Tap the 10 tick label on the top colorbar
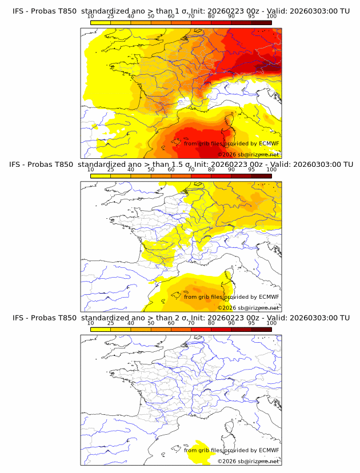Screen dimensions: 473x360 91,17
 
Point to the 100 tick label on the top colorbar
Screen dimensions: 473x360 271,17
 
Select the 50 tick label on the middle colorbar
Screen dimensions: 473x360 151,170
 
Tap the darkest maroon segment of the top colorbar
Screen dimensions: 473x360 261,23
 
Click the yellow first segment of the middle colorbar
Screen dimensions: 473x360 101,176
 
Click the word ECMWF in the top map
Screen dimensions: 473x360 269,143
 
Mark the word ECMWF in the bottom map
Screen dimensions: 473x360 269,450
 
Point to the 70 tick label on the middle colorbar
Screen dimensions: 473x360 191,170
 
